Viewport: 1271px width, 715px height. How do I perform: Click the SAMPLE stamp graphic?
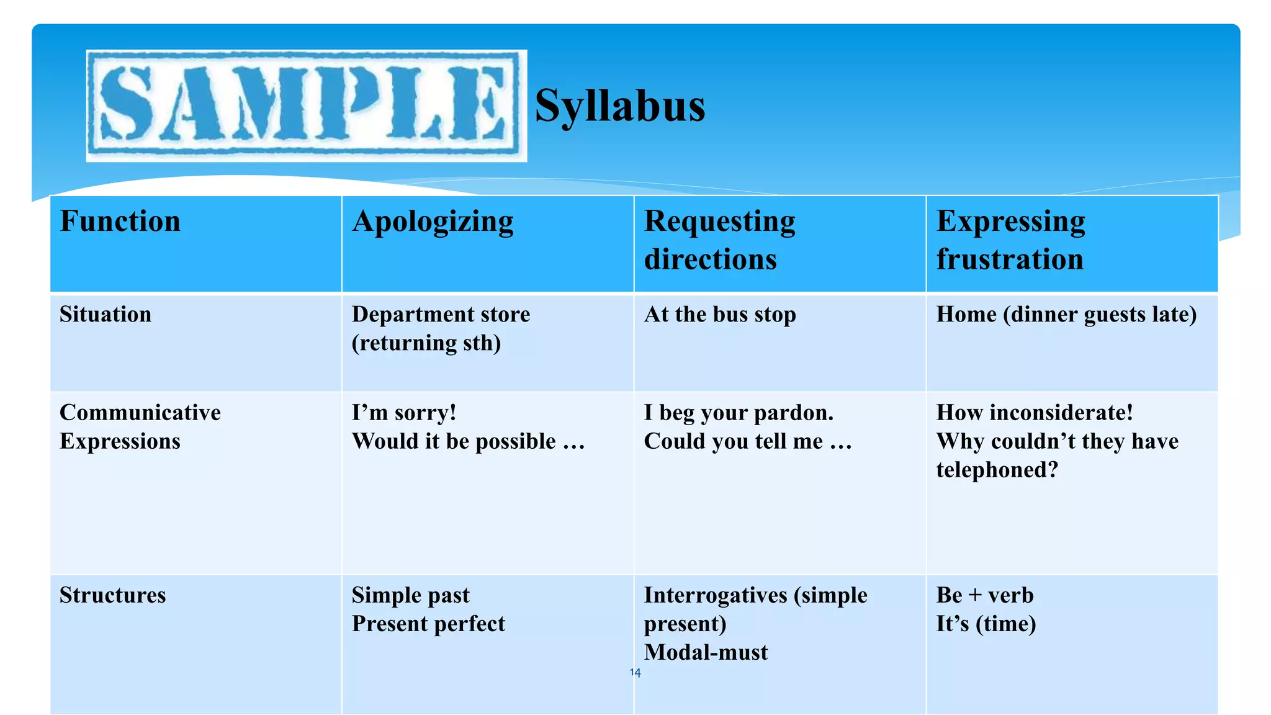306,106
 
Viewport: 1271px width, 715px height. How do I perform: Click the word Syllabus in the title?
619,106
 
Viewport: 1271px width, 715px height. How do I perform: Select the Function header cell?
120,222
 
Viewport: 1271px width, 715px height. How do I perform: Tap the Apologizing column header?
433,222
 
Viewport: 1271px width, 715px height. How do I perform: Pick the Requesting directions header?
719,240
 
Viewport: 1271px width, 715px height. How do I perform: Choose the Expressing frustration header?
1010,240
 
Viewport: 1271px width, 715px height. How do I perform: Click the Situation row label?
106,315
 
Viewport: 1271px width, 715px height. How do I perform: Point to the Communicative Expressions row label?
140,427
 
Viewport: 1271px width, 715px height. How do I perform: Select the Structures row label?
113,595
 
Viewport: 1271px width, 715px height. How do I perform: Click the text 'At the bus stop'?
720,315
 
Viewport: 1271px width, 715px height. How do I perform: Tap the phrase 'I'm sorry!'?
404,413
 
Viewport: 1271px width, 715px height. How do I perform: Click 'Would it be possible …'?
468,441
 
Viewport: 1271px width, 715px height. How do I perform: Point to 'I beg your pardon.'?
739,413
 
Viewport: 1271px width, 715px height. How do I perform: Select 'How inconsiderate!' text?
1035,413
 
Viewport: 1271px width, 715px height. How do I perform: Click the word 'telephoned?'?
997,470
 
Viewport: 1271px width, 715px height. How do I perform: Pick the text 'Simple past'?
411,595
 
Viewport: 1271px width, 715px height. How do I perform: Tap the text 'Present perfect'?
428,624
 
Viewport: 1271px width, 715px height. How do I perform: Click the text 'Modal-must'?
706,652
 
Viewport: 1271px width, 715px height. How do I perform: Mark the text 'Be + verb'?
985,595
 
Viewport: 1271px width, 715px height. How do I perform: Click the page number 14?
635,673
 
